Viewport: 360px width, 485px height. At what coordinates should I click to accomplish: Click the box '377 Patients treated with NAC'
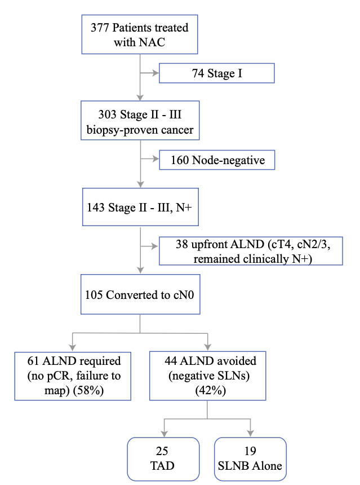139,34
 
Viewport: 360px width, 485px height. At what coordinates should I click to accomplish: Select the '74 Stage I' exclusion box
217,73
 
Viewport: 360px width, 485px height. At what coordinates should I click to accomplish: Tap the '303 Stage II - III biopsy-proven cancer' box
139,122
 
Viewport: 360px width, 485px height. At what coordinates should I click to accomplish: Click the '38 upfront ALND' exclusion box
251,250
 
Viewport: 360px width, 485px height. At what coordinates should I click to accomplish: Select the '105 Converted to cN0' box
139,295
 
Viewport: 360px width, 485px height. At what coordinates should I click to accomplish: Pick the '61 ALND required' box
73,376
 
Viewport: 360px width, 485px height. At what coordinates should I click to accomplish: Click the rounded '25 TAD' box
163,459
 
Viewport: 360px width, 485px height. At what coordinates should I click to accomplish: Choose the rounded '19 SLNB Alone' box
250,459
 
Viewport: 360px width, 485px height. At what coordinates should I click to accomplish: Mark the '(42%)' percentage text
208,390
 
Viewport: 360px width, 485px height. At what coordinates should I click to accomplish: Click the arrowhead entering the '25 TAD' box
164,434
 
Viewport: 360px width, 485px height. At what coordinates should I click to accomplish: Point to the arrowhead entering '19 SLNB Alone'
251,434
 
